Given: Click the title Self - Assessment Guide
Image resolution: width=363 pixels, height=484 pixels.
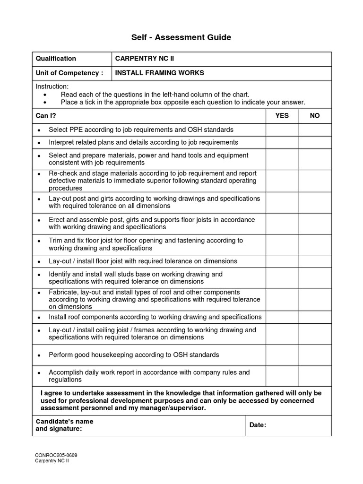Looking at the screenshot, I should coord(181,37).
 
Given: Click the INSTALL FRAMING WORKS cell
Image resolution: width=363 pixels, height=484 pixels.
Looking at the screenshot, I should coord(160,73).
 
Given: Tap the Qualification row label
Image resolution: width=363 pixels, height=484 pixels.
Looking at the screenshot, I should coord(56,59).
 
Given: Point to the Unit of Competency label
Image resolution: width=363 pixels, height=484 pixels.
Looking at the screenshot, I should coord(69,73).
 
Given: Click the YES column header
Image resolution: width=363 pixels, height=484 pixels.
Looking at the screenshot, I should coord(282,115).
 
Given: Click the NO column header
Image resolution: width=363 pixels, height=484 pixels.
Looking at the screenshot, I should coord(315,115).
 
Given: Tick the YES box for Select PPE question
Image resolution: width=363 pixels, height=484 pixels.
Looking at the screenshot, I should coord(282,130).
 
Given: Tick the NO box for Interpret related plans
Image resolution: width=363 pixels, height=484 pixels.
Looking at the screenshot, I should coord(315,142).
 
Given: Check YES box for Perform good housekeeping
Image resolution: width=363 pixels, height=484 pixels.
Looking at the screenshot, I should coord(282,354).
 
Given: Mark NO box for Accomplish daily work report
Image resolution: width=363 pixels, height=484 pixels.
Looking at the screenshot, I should coord(315,376).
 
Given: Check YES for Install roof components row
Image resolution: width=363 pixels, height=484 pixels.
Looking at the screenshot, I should coord(282,317).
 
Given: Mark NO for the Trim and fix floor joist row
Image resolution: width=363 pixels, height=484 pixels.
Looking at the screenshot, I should coord(315,244).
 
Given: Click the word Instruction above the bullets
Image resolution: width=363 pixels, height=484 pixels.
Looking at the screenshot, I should coord(52,86).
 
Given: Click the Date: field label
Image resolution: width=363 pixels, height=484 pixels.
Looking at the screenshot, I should coord(258,425).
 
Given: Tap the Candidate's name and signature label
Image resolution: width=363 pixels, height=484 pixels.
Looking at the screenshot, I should coord(64,425).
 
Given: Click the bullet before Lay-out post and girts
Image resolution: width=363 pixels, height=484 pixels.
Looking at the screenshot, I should coord(39,199).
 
